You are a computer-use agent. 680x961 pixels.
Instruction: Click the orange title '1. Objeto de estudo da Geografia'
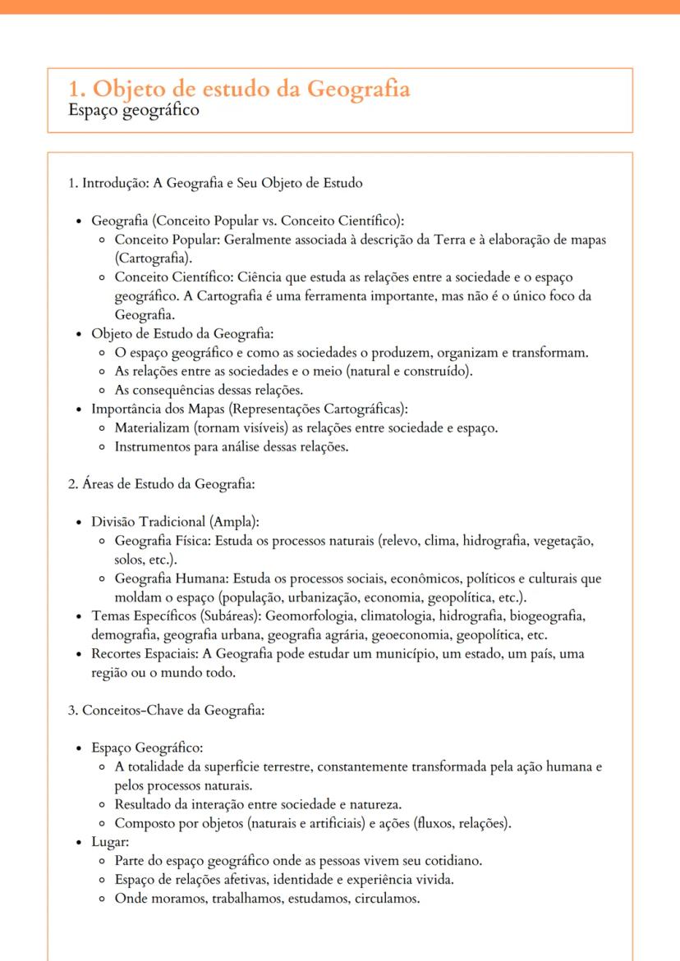[x=239, y=89]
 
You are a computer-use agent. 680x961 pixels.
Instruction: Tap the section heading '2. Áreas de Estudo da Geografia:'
[x=161, y=484]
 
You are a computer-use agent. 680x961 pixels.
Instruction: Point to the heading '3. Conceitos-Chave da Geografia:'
[x=166, y=711]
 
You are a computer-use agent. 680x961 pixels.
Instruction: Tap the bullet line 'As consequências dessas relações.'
[x=209, y=390]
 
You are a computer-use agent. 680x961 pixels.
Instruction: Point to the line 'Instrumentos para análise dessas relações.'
[x=232, y=447]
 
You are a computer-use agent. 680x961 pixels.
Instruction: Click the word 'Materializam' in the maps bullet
[x=151, y=428]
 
